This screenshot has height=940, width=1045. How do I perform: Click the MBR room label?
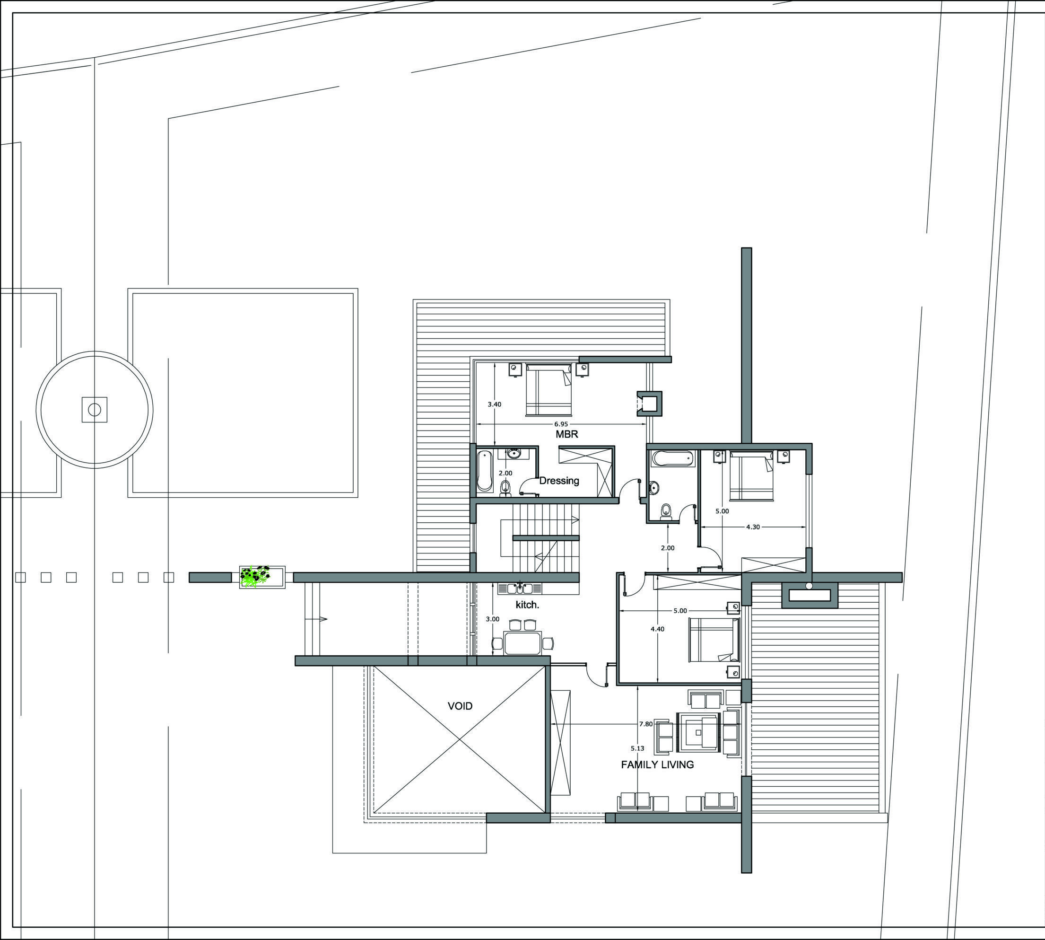(566, 434)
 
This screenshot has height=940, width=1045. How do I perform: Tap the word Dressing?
(559, 481)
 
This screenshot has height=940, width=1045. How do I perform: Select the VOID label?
(460, 706)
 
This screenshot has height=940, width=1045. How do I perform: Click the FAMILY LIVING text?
(657, 764)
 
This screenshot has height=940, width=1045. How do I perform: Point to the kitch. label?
(527, 605)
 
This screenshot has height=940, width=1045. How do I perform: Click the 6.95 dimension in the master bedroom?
(561, 424)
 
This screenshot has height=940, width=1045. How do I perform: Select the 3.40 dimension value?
(495, 404)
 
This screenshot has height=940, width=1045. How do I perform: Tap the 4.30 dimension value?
(753, 527)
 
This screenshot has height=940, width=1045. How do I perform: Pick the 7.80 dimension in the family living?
(646, 724)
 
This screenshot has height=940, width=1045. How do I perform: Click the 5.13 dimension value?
(637, 748)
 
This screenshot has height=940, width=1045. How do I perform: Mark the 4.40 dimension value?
(657, 629)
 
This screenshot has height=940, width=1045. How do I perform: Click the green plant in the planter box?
(255, 576)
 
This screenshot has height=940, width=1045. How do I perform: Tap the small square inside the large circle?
(95, 410)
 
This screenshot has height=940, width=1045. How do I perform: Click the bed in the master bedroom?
(549, 389)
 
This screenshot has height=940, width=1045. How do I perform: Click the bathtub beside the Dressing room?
(484, 471)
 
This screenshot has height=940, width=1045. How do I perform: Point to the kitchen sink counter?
(520, 589)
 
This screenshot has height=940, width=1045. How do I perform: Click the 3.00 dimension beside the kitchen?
(493, 619)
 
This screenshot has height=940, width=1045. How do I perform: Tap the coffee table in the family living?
(698, 732)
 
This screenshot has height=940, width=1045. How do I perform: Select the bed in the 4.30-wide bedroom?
(751, 476)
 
